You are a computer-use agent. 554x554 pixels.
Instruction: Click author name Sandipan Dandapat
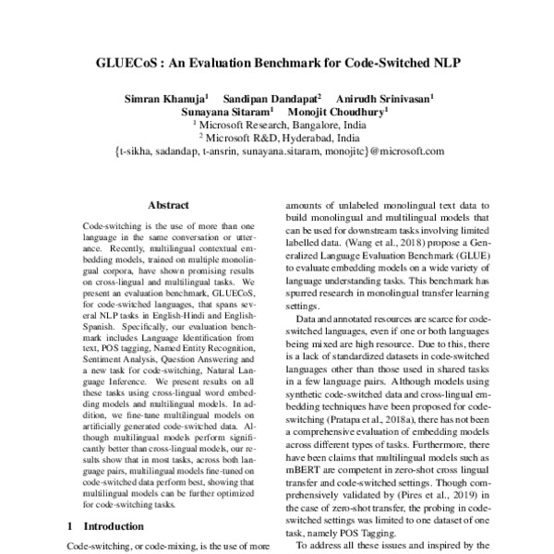[x=273, y=97]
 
